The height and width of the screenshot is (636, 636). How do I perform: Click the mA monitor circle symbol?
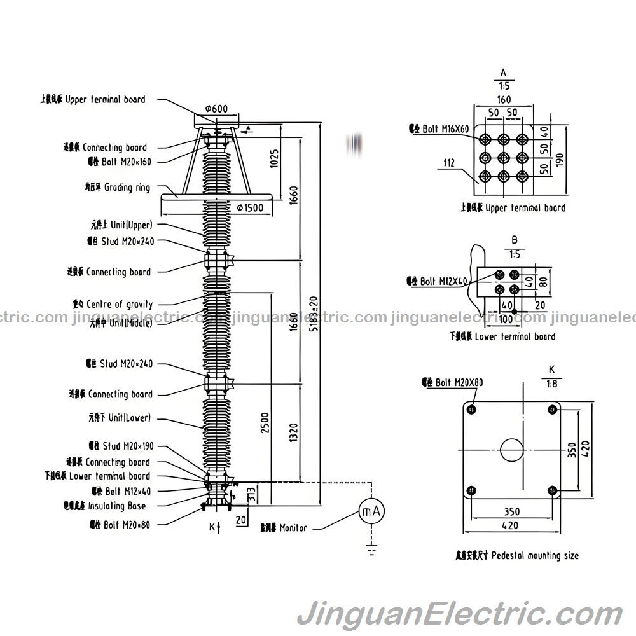pyautogui.click(x=372, y=511)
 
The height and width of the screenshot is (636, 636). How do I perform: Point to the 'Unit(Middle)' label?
pyautogui.click(x=121, y=323)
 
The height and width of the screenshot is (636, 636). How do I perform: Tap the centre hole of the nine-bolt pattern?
pyautogui.click(x=503, y=156)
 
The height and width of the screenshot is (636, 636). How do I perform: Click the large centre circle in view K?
pyautogui.click(x=511, y=450)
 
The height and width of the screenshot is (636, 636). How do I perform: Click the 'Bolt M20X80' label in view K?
pyautogui.click(x=452, y=383)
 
